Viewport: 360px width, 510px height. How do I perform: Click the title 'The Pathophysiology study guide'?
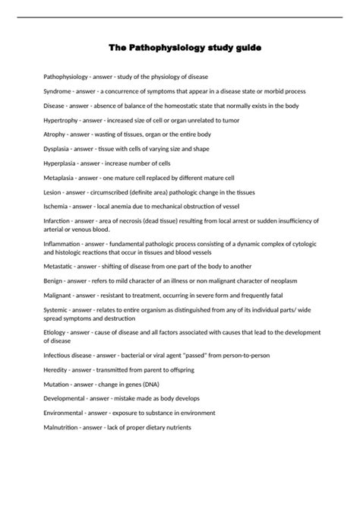[180, 48]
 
